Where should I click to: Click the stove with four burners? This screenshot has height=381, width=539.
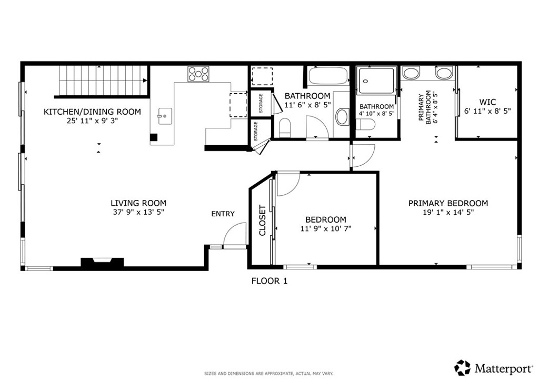[198, 74]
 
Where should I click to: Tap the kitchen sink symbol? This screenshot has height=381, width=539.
[164, 114]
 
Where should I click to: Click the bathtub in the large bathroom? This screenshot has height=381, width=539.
[328, 77]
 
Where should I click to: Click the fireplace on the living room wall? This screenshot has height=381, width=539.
[102, 262]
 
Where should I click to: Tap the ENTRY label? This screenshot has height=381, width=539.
[223, 214]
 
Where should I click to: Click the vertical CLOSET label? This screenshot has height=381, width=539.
[262, 220]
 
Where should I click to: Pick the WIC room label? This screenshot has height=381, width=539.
[487, 102]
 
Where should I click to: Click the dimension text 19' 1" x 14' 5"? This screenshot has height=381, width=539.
[448, 213]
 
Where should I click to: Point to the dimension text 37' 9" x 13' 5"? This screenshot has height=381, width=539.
[138, 213]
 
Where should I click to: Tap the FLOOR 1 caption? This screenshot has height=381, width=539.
[269, 281]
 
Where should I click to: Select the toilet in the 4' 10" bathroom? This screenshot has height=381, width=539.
[366, 125]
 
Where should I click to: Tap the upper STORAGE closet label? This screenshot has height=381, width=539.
[261, 104]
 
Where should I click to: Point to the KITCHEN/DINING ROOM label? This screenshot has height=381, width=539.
[92, 112]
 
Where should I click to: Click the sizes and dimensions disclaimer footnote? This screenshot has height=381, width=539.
[268, 374]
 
